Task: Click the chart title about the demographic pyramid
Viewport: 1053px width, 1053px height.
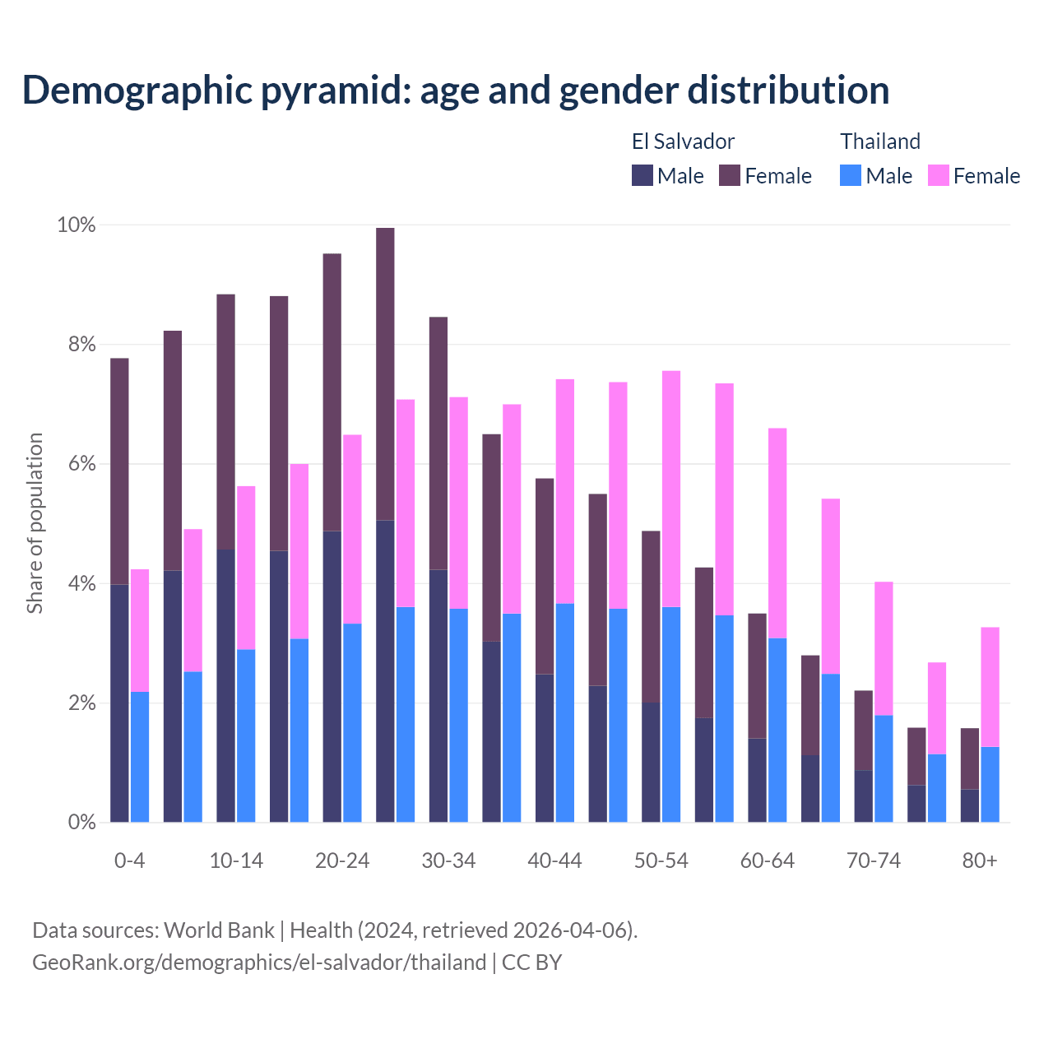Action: pyautogui.click(x=455, y=90)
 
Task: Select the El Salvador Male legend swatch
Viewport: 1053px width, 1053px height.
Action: pyautogui.click(x=642, y=175)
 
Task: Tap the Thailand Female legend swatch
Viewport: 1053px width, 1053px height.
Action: pyautogui.click(x=939, y=175)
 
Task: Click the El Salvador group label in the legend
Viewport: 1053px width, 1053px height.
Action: pyautogui.click(x=683, y=141)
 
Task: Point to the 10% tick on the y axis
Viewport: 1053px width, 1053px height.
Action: pyautogui.click(x=76, y=225)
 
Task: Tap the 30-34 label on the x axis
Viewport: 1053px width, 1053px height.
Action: pyautogui.click(x=448, y=860)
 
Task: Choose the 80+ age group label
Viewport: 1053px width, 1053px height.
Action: pyautogui.click(x=980, y=860)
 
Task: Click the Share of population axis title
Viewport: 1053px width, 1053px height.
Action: pyautogui.click(x=35, y=523)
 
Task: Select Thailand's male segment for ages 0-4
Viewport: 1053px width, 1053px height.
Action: pyautogui.click(x=140, y=757)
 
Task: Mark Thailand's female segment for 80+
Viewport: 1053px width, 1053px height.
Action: pyautogui.click(x=990, y=687)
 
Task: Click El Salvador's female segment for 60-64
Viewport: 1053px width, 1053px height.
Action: pyautogui.click(x=757, y=675)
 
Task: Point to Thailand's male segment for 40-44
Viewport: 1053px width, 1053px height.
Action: pyautogui.click(x=565, y=712)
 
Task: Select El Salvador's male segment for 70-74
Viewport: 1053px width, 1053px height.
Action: pyautogui.click(x=864, y=796)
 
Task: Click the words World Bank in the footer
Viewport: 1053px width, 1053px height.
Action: pyautogui.click(x=219, y=930)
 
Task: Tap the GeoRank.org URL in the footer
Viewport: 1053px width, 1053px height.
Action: pyautogui.click(x=259, y=963)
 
